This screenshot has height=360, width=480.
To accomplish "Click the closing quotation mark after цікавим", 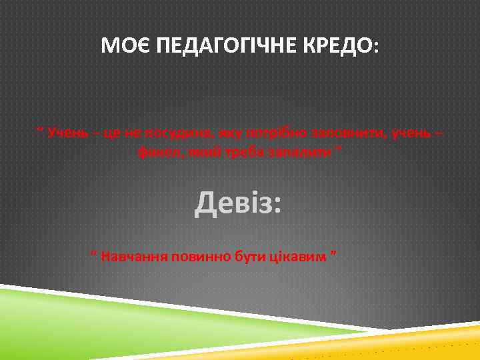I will tap(333, 254).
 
